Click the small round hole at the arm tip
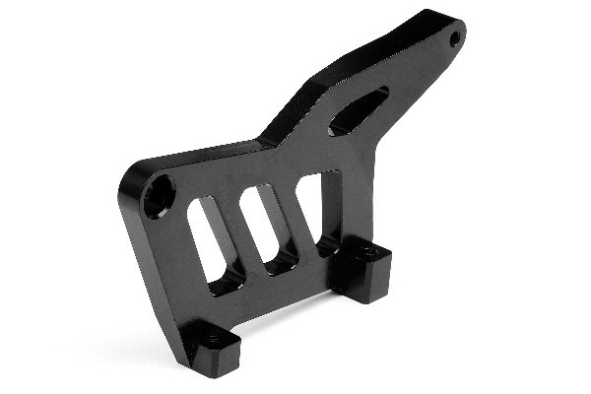click(x=454, y=39)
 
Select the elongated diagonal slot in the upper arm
click(x=358, y=109)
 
